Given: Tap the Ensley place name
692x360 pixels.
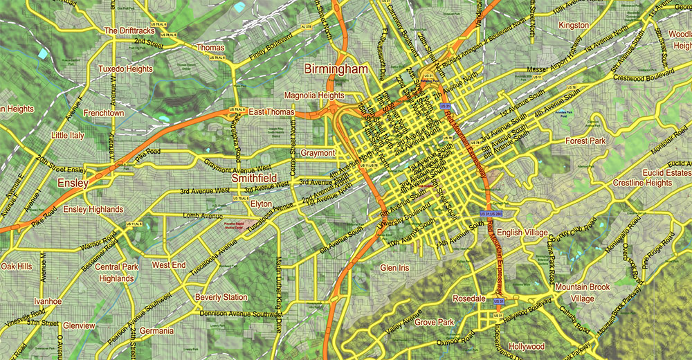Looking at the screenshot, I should pos(73,183).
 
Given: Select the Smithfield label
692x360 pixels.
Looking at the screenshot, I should pos(254,178).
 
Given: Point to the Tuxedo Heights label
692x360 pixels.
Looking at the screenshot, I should pos(125,69).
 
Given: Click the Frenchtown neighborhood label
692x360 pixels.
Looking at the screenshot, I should pos(104,112).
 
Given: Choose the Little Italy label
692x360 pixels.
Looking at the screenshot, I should pos(68,136).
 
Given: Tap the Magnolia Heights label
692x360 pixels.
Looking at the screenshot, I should pos(313,96).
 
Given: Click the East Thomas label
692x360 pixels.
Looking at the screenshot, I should pos(272,112).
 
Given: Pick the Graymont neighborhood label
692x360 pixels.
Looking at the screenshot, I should pos(318,153).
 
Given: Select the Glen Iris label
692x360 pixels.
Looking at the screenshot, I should pos(395,267).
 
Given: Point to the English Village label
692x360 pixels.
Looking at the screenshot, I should pos(522,233).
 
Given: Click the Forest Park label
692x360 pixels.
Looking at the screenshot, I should pos(585,141).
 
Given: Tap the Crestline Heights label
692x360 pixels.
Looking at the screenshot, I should pos(642,183).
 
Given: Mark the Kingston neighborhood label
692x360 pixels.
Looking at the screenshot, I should pos(574,26).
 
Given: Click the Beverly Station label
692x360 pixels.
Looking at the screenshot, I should pos(221,298).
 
